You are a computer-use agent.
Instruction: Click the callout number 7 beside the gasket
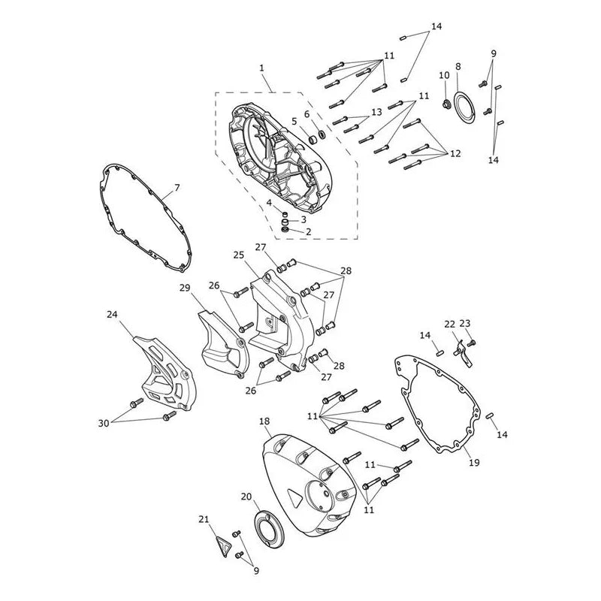tap(177, 188)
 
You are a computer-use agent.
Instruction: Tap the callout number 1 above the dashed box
tap(261, 68)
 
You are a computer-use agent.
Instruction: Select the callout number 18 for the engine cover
tap(264, 421)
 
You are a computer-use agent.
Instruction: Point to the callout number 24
tap(112, 314)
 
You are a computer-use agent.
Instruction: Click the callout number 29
tap(185, 288)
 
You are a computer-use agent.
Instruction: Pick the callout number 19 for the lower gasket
tap(474, 463)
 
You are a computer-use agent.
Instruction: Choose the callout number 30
tap(104, 423)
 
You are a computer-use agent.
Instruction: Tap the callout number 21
tap(204, 519)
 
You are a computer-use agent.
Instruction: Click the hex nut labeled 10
tap(446, 104)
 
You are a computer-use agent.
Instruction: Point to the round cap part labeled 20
tap(267, 524)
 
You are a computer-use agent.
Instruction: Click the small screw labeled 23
tap(472, 343)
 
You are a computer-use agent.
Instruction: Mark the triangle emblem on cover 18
tap(294, 497)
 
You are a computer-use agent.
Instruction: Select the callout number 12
tap(455, 153)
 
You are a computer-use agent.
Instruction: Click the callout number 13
tap(377, 111)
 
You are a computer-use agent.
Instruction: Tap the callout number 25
tap(238, 255)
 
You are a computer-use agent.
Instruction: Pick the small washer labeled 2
tap(285, 230)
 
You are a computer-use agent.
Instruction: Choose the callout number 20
tap(246, 497)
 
